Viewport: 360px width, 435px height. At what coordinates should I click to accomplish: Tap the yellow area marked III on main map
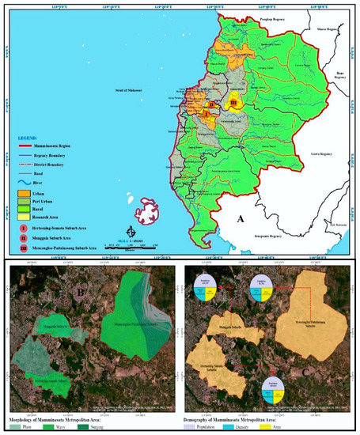tap(233, 103)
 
